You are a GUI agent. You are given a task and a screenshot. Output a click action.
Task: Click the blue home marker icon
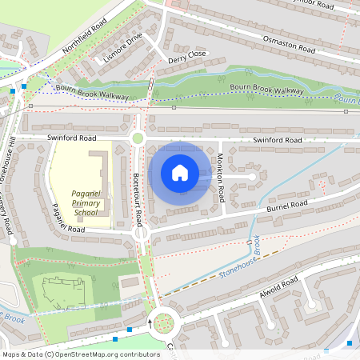[180, 173]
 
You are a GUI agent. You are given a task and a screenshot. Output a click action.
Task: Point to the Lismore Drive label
[118, 49]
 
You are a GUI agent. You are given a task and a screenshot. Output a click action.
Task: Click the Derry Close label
[186, 56]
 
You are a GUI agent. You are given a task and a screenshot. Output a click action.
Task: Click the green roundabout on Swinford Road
[138, 138]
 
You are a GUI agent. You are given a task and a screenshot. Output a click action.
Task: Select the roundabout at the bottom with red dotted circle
[163, 323]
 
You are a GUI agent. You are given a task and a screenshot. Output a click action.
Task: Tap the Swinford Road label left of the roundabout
[71, 138]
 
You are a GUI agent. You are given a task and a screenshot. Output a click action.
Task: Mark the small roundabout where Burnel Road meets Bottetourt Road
[142, 234]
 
